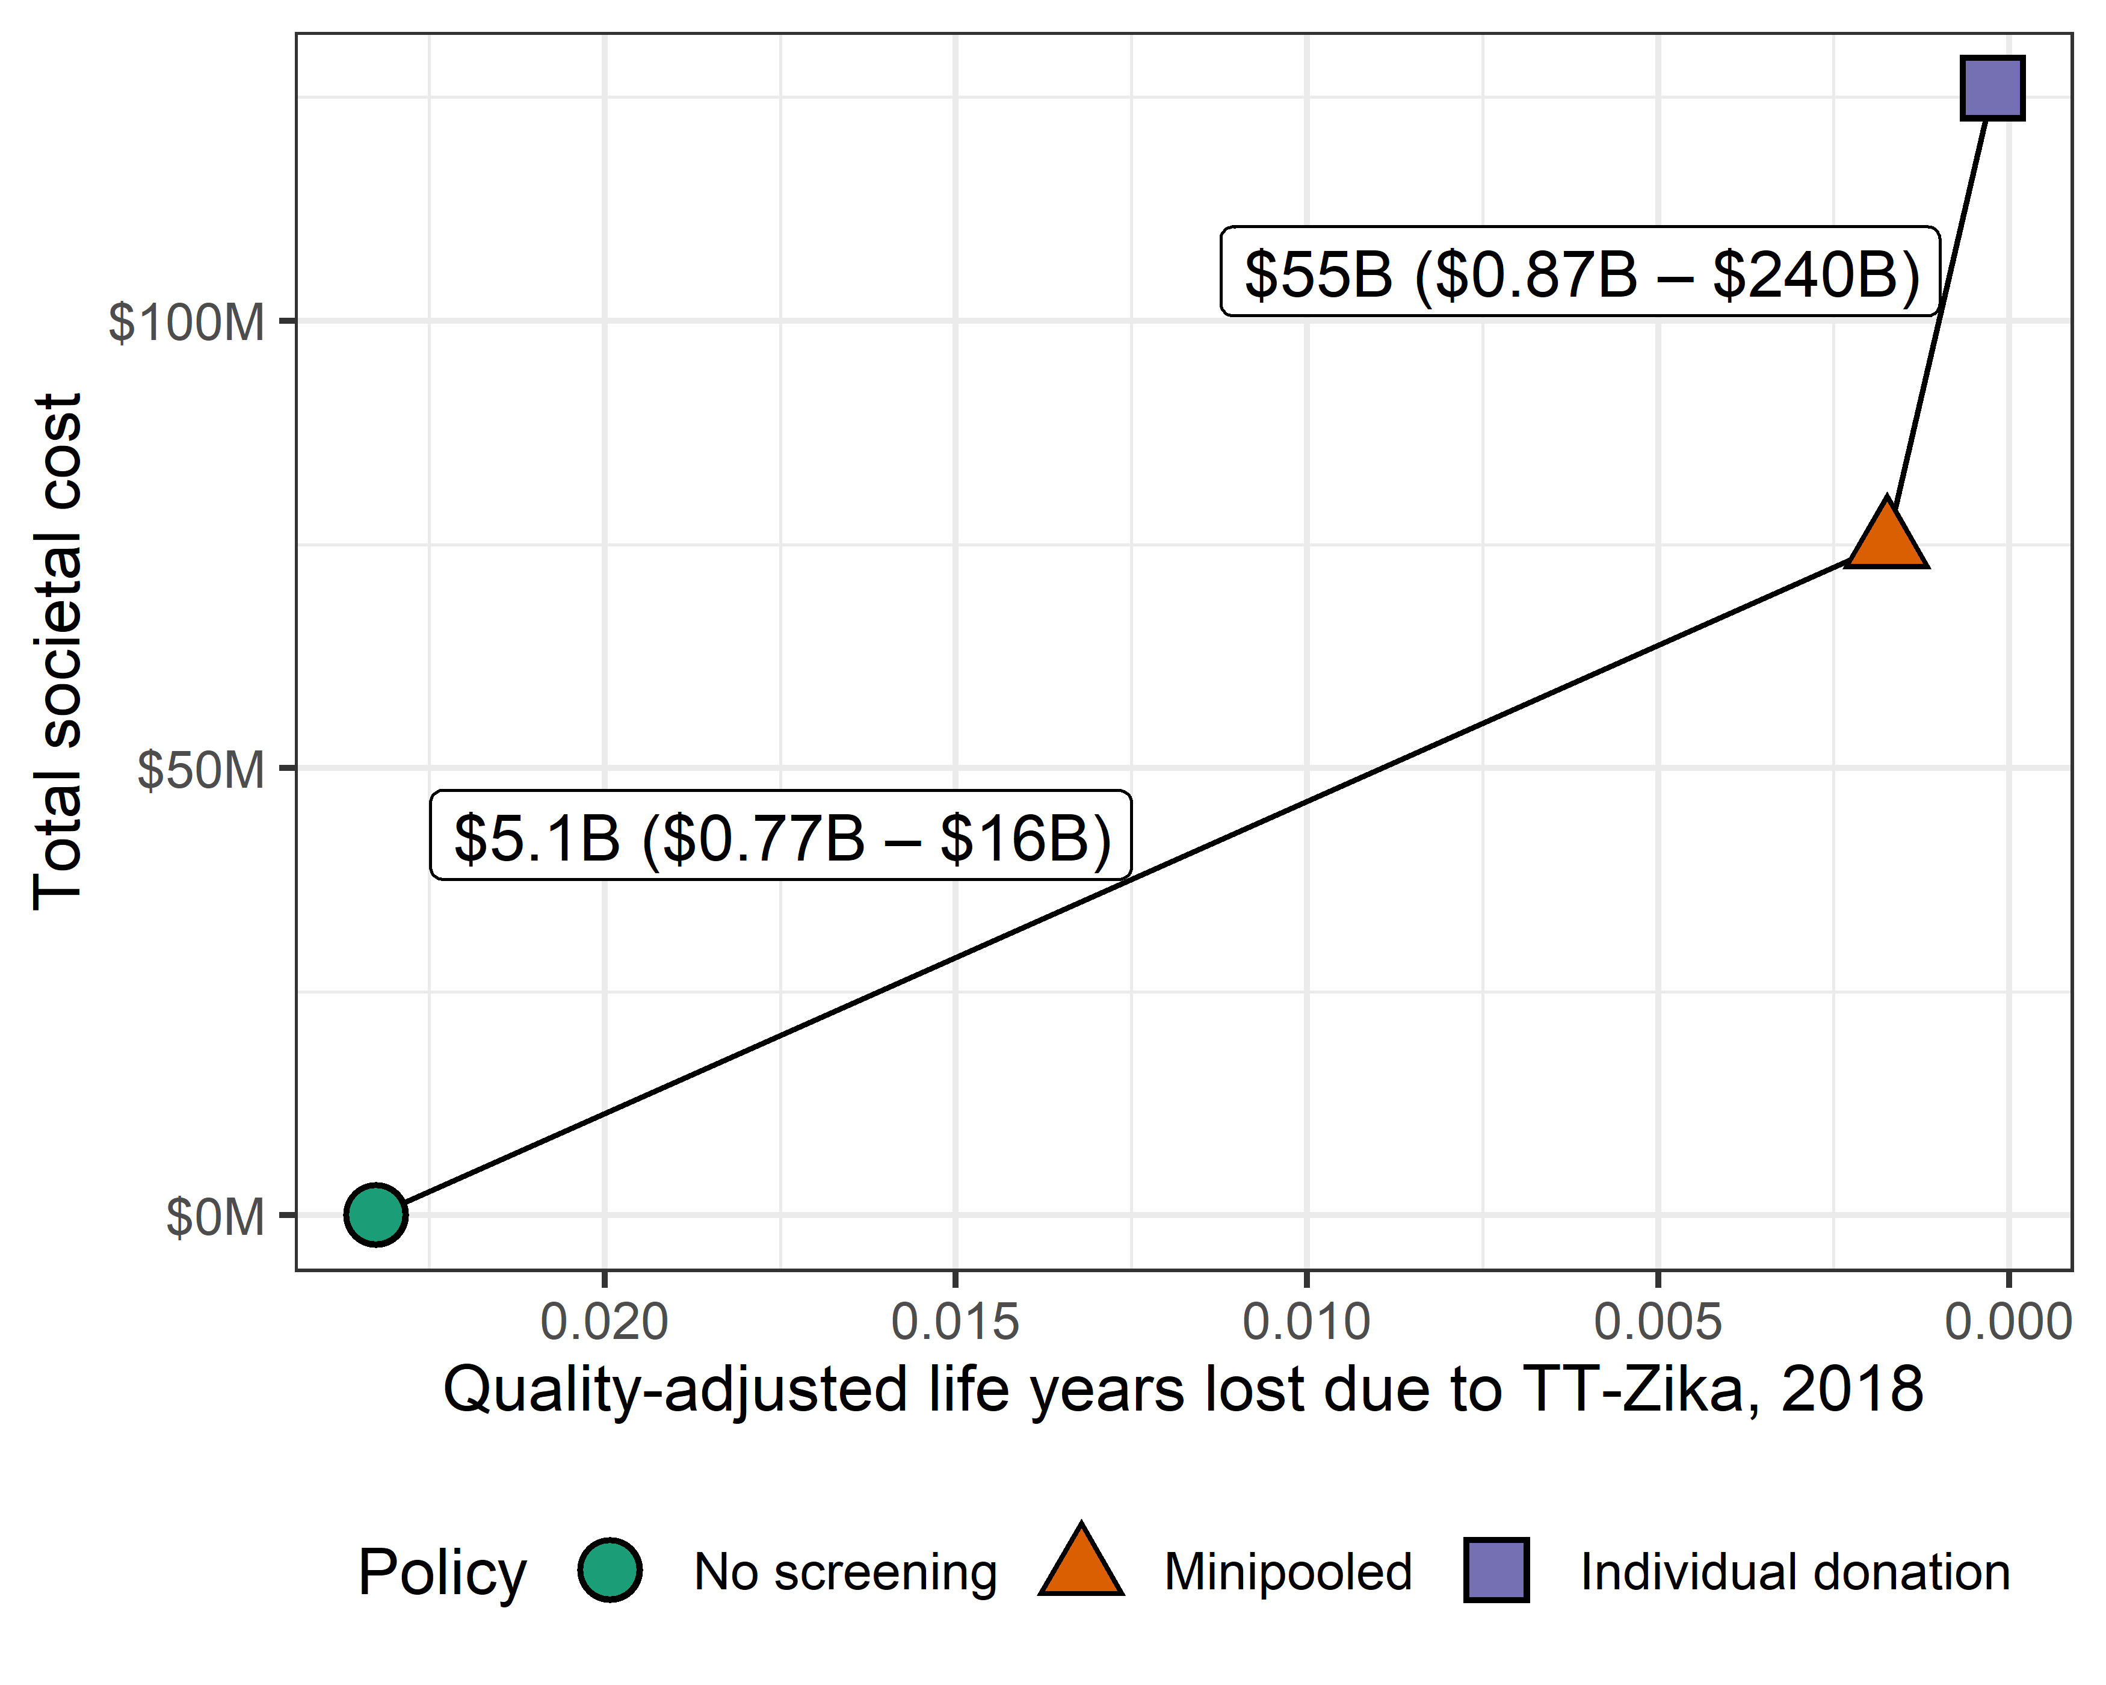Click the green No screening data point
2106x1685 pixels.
375,1214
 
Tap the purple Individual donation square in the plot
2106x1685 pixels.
1993,88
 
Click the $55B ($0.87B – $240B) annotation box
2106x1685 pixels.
1579,273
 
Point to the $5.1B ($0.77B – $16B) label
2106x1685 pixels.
780,836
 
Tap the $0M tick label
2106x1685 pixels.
215,1217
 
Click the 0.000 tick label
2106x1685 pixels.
2007,1322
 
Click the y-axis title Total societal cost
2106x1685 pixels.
58,652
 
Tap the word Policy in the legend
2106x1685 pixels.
442,1572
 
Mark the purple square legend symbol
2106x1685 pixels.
1495,1569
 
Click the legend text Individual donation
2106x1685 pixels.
1796,1572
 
